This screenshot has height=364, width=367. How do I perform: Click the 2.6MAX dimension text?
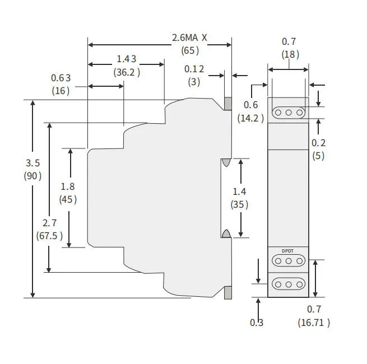pos(189,38)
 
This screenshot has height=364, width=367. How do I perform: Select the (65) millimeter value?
pos(189,50)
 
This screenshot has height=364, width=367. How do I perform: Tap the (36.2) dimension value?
pos(127,72)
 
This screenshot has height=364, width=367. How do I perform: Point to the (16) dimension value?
pos(61,90)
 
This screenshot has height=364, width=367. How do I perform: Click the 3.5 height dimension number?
pos(33,163)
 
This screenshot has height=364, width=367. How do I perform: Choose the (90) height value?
pos(33,176)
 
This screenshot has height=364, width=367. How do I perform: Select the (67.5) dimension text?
pos(49,235)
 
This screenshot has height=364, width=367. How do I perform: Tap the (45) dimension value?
pos(68,199)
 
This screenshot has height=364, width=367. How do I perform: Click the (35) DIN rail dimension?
pos(239,204)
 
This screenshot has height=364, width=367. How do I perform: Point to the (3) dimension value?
pos(194,82)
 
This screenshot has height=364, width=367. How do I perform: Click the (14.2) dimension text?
pos(250,118)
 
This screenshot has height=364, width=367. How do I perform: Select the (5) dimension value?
pos(318,156)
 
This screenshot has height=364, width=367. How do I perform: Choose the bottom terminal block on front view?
pos(289,284)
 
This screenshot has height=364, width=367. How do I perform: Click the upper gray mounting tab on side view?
pos(228,104)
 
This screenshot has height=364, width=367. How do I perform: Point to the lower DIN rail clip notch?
pos(226,234)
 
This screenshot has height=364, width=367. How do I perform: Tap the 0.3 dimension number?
pos(257,322)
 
